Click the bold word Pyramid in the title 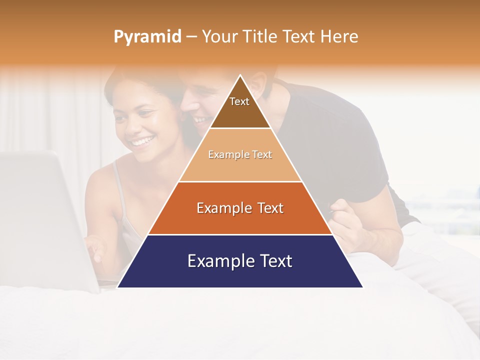[147, 37]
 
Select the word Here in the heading [339, 37]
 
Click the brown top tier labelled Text [239, 107]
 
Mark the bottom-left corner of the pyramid [118, 287]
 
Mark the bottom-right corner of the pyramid [362, 287]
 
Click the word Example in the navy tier [216, 261]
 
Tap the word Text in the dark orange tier [268, 208]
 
